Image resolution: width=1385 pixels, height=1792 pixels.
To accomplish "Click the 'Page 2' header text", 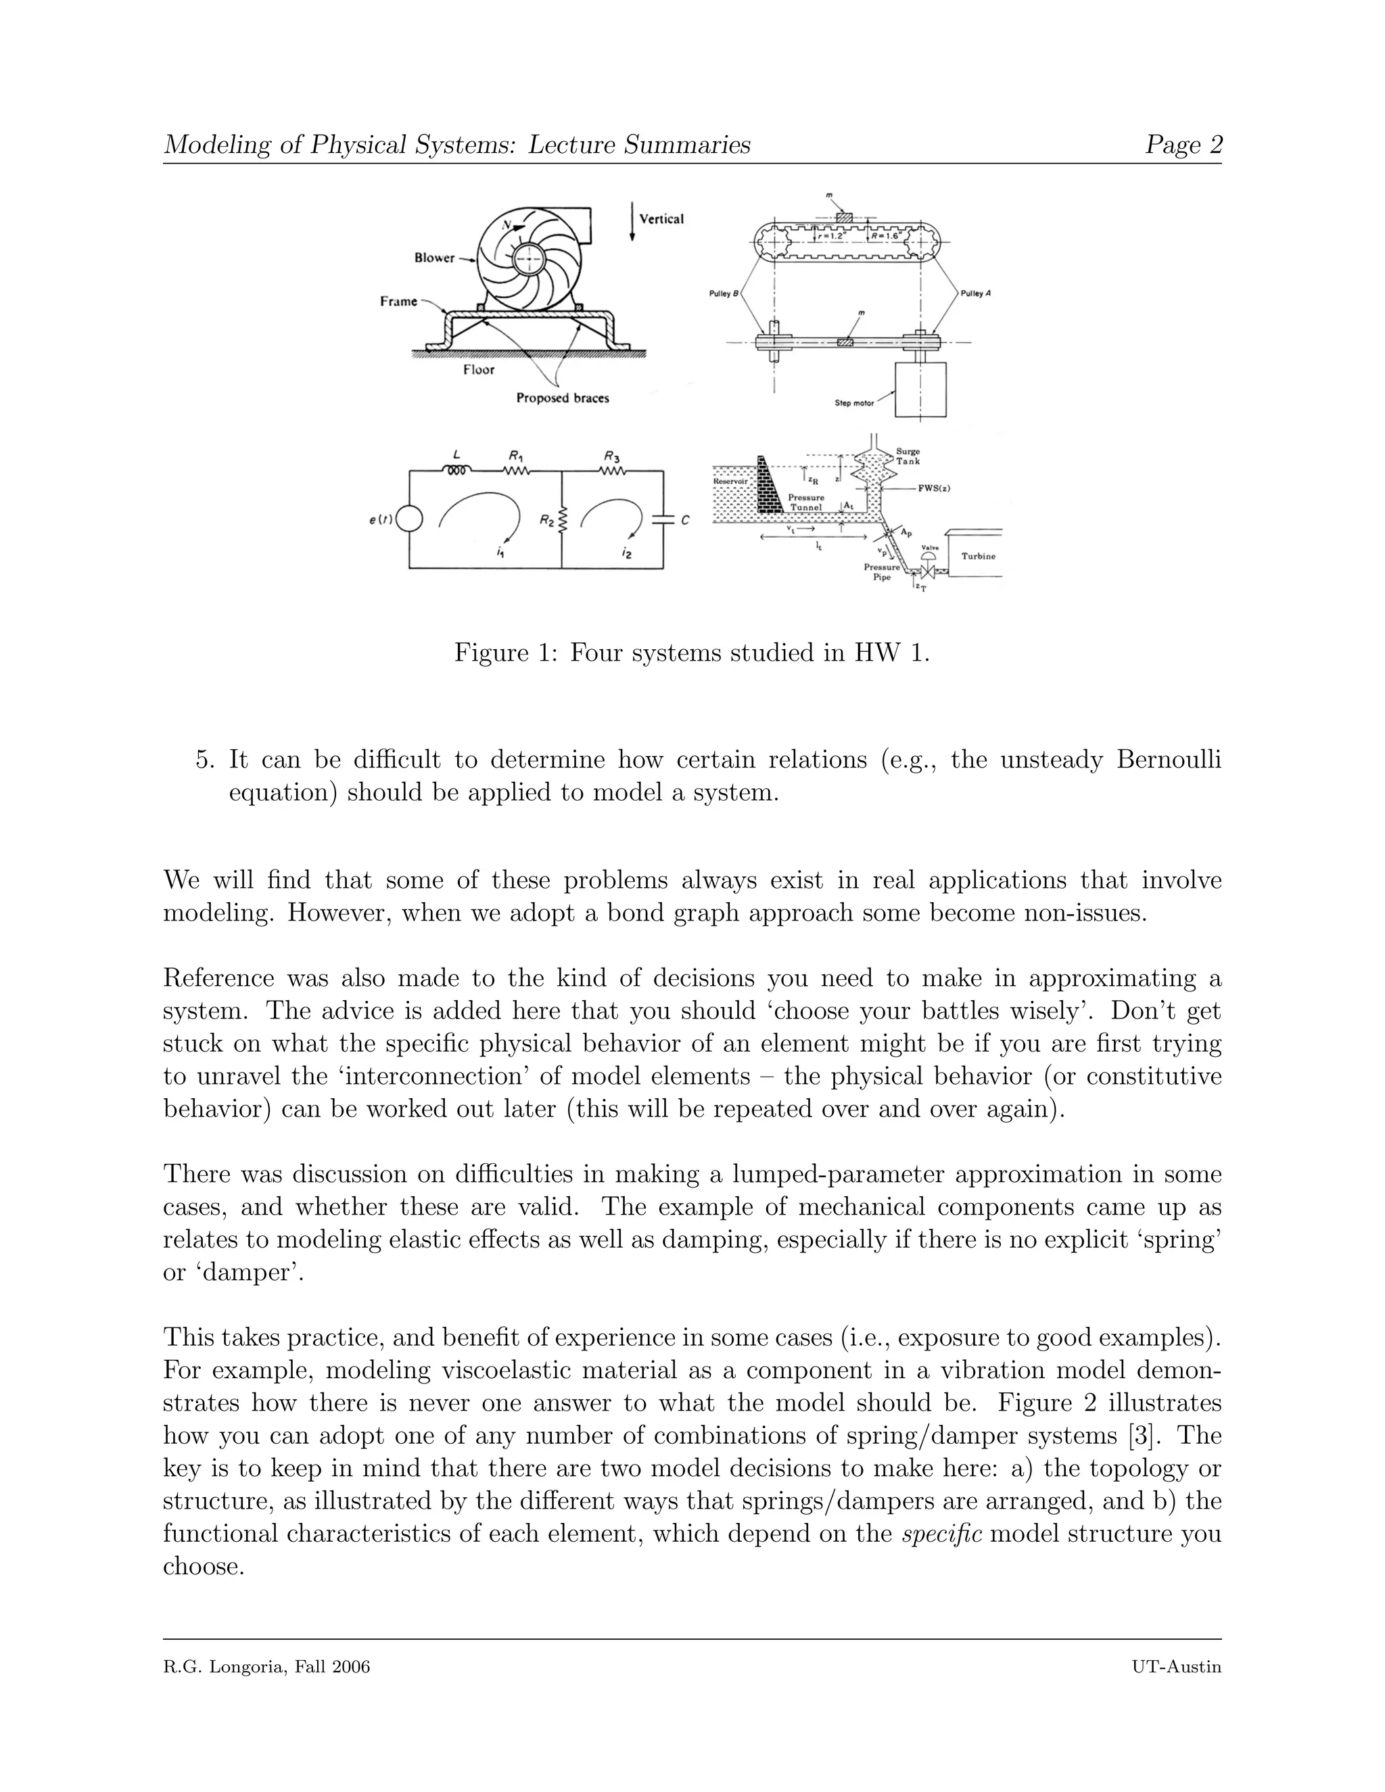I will coord(1183,145).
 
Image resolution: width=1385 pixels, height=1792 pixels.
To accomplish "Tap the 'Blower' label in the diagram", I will coord(434,258).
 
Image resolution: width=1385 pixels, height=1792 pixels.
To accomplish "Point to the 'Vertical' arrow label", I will coord(661,219).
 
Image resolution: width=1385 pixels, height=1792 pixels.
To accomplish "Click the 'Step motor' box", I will coord(920,390).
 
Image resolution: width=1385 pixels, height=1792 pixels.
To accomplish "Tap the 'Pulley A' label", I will coord(975,293).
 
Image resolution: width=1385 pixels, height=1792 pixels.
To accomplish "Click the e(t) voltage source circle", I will coord(409,519).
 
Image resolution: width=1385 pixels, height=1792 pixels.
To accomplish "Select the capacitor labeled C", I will coord(663,519).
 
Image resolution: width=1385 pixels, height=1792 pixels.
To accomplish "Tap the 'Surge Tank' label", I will coord(908,456).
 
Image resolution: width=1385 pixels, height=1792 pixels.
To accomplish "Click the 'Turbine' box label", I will coord(978,557).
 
